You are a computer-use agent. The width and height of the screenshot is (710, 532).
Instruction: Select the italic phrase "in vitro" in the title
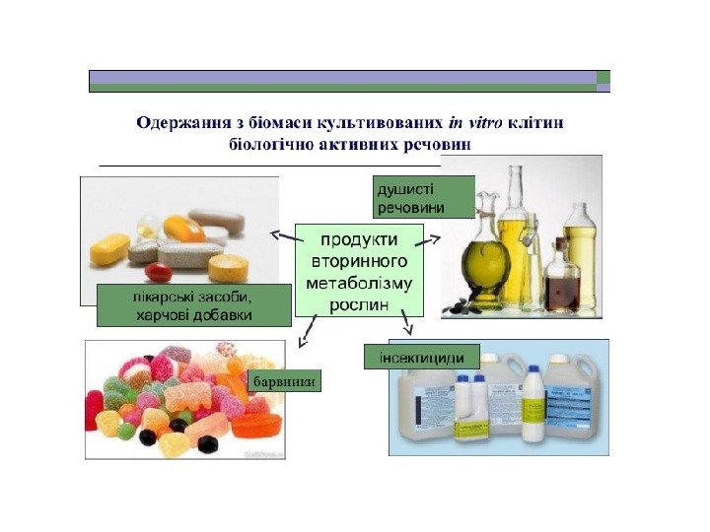(x=475, y=123)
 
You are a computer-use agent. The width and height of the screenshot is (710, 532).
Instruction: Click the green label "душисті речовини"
(x=408, y=197)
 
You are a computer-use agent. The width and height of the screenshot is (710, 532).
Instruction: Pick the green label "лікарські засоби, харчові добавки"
(x=194, y=305)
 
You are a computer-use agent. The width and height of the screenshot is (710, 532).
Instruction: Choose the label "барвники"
(x=285, y=380)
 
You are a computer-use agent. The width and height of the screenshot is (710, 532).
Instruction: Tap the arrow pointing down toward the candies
(x=307, y=332)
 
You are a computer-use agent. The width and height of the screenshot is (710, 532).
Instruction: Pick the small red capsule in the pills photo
(x=158, y=271)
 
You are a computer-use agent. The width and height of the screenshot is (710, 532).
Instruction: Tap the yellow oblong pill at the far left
(x=109, y=248)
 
